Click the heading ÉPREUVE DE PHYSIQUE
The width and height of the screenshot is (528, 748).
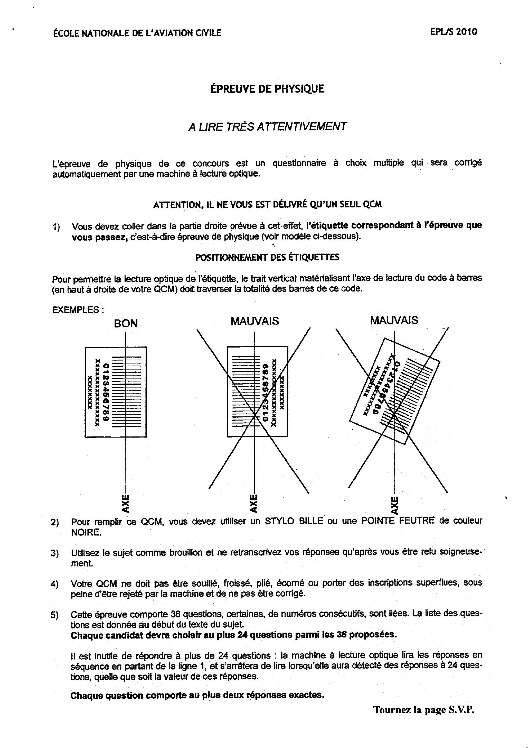pyautogui.click(x=267, y=89)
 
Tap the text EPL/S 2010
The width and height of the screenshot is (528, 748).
pyautogui.click(x=454, y=32)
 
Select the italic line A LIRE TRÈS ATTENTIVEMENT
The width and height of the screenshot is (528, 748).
pyautogui.click(x=267, y=127)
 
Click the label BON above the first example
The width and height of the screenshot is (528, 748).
pyautogui.click(x=126, y=324)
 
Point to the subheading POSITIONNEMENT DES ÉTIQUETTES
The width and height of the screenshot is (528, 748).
pyautogui.click(x=267, y=257)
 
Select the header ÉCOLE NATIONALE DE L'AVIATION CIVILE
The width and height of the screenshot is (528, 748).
pyautogui.click(x=137, y=33)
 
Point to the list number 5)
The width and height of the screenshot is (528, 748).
pyautogui.click(x=55, y=615)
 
